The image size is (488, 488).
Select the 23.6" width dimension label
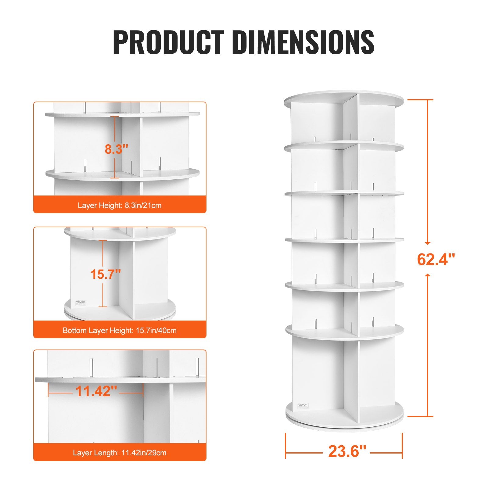click(x=347, y=451)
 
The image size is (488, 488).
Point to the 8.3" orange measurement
click(x=117, y=149)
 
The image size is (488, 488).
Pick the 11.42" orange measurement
click(x=96, y=391)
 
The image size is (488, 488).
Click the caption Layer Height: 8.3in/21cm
click(x=120, y=205)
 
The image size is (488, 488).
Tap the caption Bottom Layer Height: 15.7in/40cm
click(x=120, y=330)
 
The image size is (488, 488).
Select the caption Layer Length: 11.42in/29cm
click(x=120, y=453)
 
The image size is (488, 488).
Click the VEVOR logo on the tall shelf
click(x=303, y=405)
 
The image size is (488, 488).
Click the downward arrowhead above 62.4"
click(x=428, y=243)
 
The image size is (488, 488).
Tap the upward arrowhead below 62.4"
click(x=428, y=275)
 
